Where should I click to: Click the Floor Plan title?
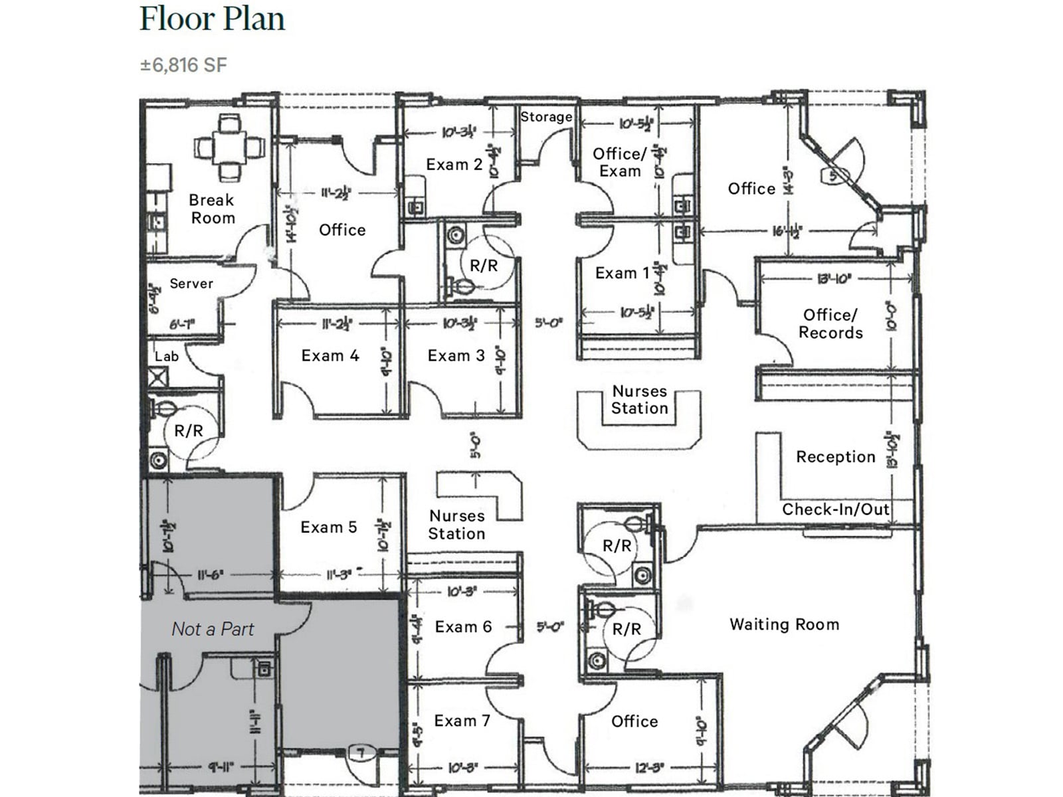212,19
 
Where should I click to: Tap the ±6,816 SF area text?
183,65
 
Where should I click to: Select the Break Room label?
212,209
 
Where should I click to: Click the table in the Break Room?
229,147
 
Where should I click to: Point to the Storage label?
546,117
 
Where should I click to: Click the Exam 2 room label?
454,165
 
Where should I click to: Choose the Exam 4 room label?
330,356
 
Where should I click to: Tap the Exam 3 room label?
456,356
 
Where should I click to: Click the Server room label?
191,284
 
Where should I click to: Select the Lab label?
167,357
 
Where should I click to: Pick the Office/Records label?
830,323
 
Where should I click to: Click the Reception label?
836,457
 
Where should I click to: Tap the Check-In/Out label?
836,509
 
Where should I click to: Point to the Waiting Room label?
785,624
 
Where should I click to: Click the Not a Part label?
213,629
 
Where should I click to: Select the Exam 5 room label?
329,527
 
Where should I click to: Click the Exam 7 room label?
462,721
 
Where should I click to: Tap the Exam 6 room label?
464,627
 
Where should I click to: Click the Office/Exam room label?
619,163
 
